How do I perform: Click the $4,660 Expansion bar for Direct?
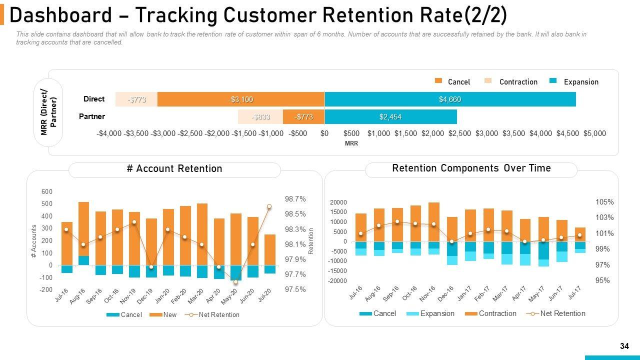pyautogui.click(x=450, y=99)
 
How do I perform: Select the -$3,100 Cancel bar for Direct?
pyautogui.click(x=241, y=99)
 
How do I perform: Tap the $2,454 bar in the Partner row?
pyautogui.click(x=390, y=117)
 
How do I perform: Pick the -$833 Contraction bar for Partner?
pyautogui.click(x=260, y=117)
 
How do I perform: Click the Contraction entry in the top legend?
pyautogui.click(x=518, y=82)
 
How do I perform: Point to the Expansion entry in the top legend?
pyautogui.click(x=580, y=82)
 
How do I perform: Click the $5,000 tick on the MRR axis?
pyautogui.click(x=594, y=133)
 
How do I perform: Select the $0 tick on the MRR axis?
pyautogui.click(x=324, y=133)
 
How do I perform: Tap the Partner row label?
pyautogui.click(x=92, y=116)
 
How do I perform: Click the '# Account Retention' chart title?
pyautogui.click(x=174, y=169)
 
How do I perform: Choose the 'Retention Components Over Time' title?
pyautogui.click(x=471, y=168)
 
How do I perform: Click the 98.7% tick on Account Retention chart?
pyautogui.click(x=295, y=199)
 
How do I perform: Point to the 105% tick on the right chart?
pyautogui.click(x=604, y=202)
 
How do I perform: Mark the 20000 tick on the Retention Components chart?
pyautogui.click(x=338, y=202)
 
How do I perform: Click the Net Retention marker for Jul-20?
pyautogui.click(x=269, y=206)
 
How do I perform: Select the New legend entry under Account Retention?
pyautogui.click(x=170, y=315)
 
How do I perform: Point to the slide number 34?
pyautogui.click(x=624, y=346)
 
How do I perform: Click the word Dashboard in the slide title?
pyautogui.click(x=60, y=16)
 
